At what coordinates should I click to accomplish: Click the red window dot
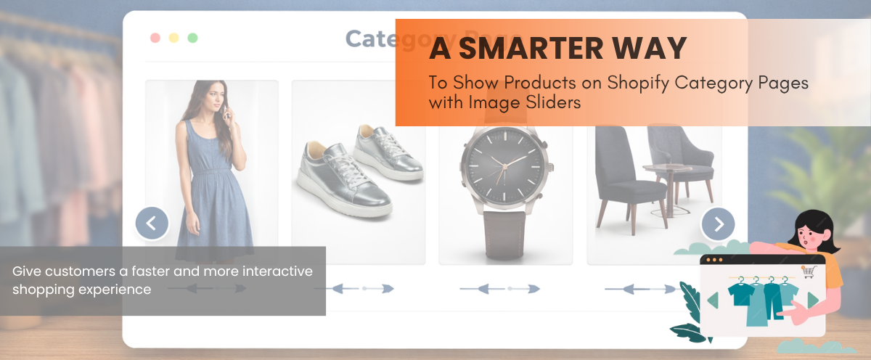155,38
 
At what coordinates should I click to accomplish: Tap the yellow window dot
173,38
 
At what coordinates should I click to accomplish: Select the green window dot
192,38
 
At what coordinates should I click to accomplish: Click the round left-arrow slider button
152,224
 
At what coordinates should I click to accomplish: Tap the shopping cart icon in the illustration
807,271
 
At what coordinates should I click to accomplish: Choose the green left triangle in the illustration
713,300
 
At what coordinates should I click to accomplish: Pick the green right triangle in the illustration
813,300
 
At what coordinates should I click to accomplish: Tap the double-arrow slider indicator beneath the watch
499,289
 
